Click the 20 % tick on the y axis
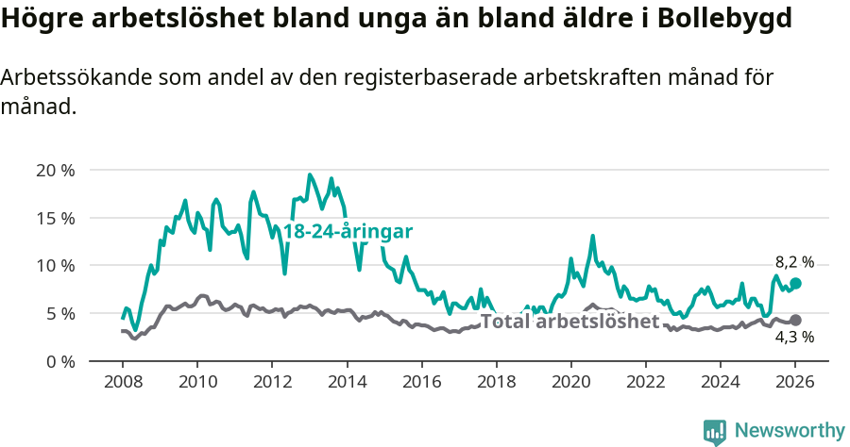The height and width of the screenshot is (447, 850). [56, 171]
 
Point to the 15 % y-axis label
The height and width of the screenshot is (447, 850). [56, 218]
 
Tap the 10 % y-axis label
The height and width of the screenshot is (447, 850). [56, 266]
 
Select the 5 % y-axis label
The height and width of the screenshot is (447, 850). [59, 313]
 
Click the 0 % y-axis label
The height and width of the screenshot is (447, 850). [59, 361]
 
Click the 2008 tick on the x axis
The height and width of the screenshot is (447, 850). [123, 384]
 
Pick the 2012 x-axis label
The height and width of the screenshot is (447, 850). [272, 384]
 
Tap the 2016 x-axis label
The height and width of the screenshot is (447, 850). [421, 384]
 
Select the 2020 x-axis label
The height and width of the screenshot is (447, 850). [570, 384]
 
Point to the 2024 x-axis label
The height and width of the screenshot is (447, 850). [720, 384]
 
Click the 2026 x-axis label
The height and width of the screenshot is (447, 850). [795, 384]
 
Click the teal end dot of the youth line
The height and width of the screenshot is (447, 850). [795, 283]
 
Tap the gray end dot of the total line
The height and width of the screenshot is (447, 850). [795, 321]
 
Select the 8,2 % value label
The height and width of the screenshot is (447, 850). [794, 263]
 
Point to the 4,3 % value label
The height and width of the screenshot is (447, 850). [794, 337]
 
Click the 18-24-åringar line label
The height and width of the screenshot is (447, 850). [348, 231]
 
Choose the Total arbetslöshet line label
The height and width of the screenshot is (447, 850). [569, 322]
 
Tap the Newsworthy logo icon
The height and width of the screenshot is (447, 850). [715, 432]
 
